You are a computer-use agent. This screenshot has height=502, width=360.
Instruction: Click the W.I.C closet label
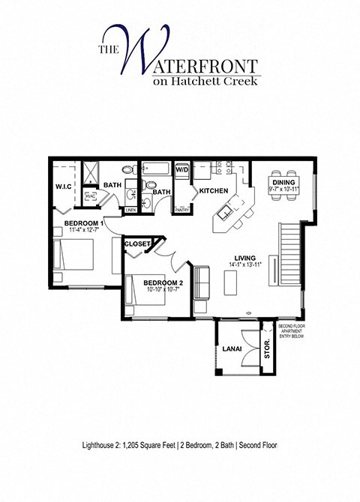tap(62, 186)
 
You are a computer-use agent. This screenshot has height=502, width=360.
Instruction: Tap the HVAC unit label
tap(91, 196)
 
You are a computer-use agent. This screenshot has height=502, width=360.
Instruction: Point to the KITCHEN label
tap(213, 191)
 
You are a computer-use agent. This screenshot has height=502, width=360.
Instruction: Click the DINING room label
tap(284, 182)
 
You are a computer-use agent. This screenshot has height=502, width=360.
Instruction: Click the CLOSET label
tap(137, 244)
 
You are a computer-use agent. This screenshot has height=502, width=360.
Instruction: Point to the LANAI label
tap(231, 348)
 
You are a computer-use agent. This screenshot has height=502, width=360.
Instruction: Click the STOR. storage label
tap(266, 350)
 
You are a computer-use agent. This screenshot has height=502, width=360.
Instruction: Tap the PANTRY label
tap(181, 211)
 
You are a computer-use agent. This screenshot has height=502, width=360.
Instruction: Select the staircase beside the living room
tap(289, 255)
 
